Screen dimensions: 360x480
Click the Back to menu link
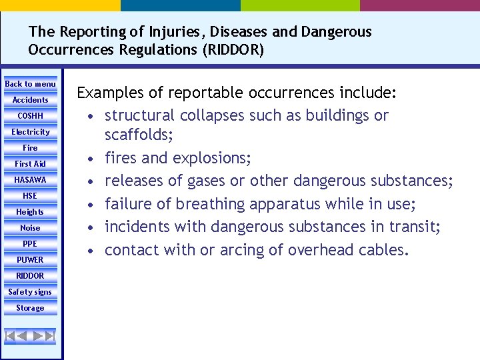click(31, 84)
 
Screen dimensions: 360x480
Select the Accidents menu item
click(31, 100)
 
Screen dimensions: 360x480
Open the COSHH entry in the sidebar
click(31, 116)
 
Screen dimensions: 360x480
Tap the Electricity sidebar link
click(31, 132)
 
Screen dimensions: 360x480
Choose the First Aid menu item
click(31, 164)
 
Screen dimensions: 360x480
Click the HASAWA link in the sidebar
click(31, 180)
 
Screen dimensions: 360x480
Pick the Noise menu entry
click(31, 228)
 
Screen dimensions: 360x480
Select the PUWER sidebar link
click(31, 260)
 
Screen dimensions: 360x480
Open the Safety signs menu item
click(31, 292)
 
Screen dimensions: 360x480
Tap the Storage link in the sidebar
click(31, 308)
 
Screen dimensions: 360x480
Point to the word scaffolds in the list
click(137, 135)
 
